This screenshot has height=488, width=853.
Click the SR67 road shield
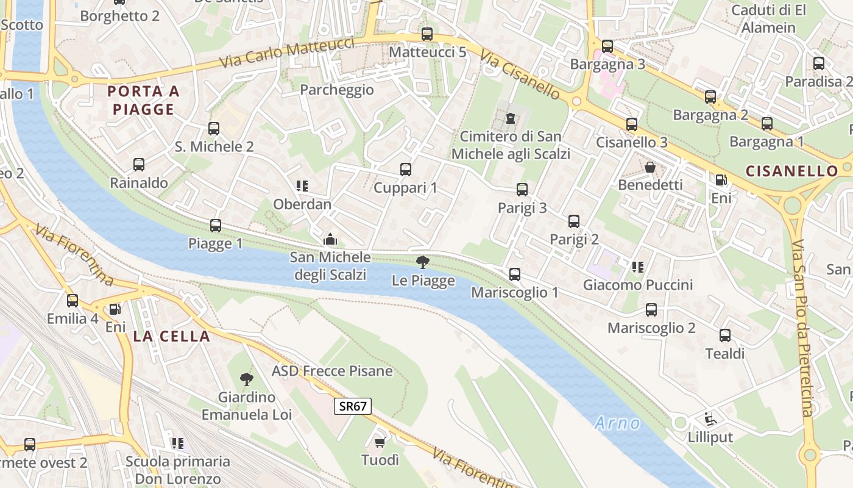(x=353, y=406)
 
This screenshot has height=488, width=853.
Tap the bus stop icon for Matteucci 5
(x=427, y=34)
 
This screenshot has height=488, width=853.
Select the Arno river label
(x=618, y=422)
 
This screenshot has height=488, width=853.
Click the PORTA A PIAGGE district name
(x=144, y=101)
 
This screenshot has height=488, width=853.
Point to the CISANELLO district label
(x=791, y=171)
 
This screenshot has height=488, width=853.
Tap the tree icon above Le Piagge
(x=422, y=263)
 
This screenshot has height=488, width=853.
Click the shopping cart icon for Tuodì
(x=380, y=442)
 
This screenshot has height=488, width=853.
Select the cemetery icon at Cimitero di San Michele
(x=511, y=118)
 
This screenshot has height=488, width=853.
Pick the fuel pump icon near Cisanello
(x=721, y=180)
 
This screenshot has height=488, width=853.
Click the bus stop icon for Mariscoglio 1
(x=515, y=274)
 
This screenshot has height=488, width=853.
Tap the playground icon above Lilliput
(x=710, y=419)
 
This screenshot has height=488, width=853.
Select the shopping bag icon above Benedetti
(x=650, y=167)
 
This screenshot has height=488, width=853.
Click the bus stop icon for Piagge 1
(x=215, y=226)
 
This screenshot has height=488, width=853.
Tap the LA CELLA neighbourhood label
(x=171, y=336)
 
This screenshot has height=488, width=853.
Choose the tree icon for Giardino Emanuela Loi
(x=247, y=379)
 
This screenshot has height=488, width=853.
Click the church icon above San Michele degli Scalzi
(x=330, y=239)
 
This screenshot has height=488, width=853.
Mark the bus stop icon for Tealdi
(x=725, y=335)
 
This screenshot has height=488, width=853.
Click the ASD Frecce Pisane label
(x=332, y=371)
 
